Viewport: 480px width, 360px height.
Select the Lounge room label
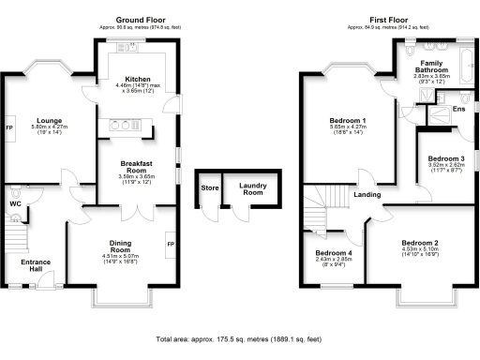coord(50,120)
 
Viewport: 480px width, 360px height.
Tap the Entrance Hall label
coord(36,265)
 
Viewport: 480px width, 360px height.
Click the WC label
coord(15,202)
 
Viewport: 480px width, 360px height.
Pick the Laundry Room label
coord(248,190)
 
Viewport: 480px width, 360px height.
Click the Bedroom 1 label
coord(347,121)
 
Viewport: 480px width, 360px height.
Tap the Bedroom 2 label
coord(420,243)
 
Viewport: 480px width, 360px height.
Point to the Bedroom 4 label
coord(334,253)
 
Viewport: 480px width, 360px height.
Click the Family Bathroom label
coord(432,65)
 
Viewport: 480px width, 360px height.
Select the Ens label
coord(459,110)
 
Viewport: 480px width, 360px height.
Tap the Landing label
coord(367,195)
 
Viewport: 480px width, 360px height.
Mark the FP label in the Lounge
coord(10,127)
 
